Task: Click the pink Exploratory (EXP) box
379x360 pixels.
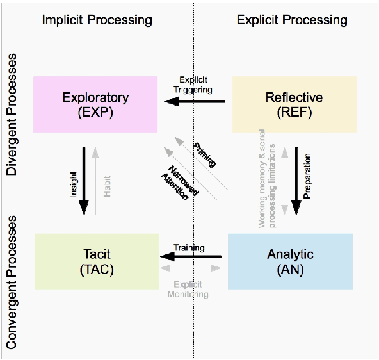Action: [x=95, y=104]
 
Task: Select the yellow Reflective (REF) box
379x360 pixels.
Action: [x=293, y=104]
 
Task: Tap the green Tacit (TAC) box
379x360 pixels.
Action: [x=96, y=261]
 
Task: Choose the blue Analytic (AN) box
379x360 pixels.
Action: [x=290, y=261]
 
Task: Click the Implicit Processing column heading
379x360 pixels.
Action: [x=97, y=20]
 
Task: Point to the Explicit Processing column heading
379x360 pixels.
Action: [x=292, y=20]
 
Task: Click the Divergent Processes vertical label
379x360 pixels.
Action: [x=12, y=115]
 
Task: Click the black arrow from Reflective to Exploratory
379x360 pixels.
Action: [x=193, y=101]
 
